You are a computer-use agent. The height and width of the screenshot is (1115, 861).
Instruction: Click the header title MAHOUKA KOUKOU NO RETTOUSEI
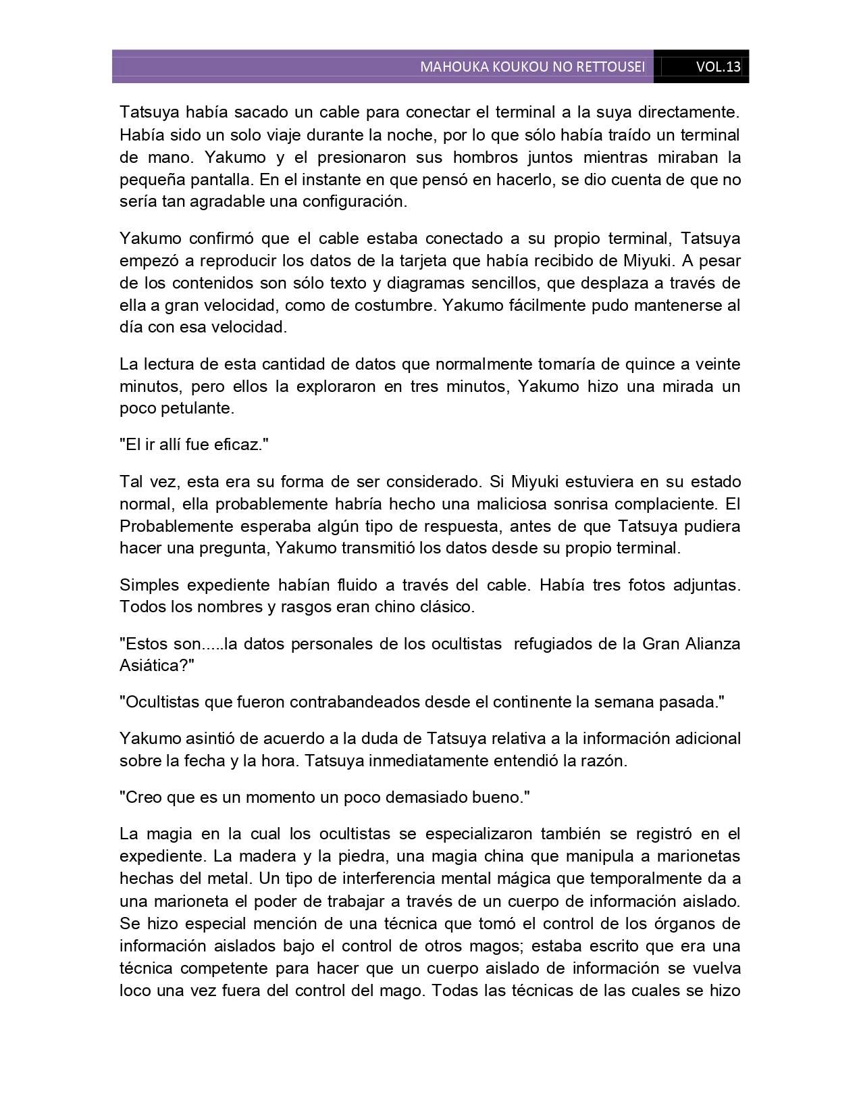pos(532,67)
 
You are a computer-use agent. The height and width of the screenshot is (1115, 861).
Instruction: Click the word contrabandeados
pos(355,702)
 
